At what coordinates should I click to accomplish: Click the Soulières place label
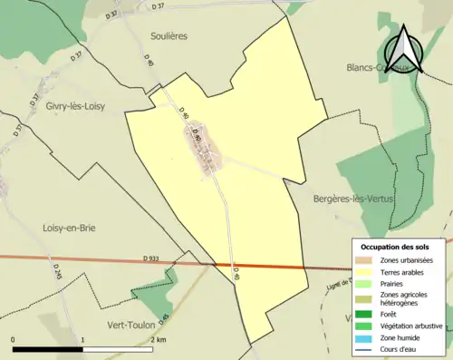(x=167, y=36)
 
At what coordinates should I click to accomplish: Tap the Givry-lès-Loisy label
(x=75, y=106)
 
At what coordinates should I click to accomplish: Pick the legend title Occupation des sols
(x=399, y=247)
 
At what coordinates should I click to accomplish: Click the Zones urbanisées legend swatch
(x=364, y=260)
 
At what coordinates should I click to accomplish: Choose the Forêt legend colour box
(x=364, y=314)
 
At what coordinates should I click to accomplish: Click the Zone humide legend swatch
(x=364, y=336)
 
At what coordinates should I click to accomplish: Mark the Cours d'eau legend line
(x=364, y=346)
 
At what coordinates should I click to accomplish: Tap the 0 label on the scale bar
(x=14, y=340)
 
